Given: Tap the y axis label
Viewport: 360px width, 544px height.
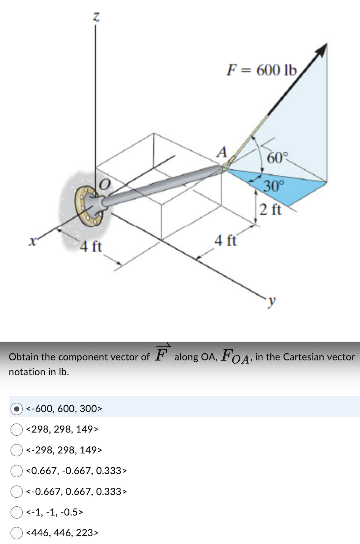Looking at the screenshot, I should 271,301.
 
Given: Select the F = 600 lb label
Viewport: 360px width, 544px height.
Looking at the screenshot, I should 261,70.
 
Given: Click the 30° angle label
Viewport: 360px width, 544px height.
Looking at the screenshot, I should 274,186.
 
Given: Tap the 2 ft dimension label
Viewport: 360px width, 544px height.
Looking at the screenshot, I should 270,209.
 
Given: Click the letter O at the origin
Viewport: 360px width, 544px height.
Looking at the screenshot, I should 104,185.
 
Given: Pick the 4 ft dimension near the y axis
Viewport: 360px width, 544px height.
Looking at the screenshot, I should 225,241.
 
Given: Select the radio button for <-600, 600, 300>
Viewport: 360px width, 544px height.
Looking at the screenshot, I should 16,409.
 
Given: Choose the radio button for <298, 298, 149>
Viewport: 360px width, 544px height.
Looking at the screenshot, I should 16,429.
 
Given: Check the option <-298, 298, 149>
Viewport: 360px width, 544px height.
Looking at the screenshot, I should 16,450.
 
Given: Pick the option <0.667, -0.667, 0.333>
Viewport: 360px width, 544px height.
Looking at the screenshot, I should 16,471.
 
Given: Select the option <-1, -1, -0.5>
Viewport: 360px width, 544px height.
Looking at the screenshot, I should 16,512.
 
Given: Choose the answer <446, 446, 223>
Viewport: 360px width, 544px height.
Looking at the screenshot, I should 16,533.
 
